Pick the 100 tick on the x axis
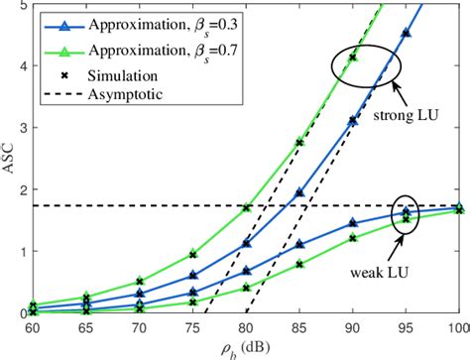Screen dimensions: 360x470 pos(457,327)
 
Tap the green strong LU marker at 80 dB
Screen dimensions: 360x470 pos(247,208)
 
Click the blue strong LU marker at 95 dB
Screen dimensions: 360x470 pos(406,33)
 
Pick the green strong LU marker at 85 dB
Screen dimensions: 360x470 pos(299,143)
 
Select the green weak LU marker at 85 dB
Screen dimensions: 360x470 pos(299,264)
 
